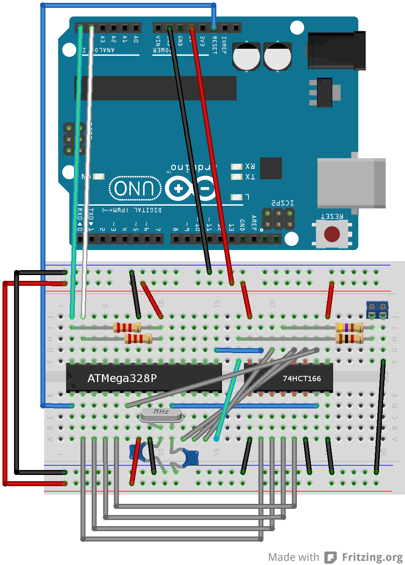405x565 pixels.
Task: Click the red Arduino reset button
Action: tap(332, 234)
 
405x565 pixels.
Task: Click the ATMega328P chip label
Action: tap(122, 378)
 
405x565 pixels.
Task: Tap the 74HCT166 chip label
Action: tap(301, 378)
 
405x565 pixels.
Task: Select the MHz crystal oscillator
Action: tap(161, 414)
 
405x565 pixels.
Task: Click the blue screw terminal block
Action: tap(377, 309)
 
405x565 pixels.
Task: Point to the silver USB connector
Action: tap(351, 183)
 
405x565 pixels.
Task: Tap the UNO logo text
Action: tap(135, 189)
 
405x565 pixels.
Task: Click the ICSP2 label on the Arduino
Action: tap(282, 203)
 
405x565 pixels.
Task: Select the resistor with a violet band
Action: tap(349, 328)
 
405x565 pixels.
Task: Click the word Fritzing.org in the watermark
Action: tap(372, 557)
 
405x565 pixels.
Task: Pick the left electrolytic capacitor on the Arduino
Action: tap(246, 56)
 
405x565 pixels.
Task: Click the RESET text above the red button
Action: tap(332, 216)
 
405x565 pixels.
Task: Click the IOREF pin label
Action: tap(224, 45)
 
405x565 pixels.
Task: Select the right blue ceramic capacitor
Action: tap(190, 457)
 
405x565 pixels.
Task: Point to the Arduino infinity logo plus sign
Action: tap(178, 189)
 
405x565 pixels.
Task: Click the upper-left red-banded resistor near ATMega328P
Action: tap(127, 328)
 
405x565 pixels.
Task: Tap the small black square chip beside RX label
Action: tap(271, 168)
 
